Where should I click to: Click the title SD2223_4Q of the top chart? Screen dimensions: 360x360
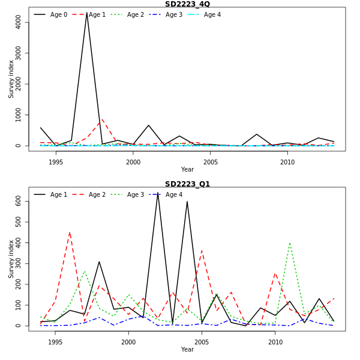[187, 4]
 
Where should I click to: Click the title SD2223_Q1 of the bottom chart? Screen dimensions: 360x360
[187, 184]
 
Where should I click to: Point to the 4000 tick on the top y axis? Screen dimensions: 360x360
[18, 22]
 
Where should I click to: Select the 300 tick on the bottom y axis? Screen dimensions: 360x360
[18, 264]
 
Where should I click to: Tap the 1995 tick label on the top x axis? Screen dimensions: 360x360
[56, 162]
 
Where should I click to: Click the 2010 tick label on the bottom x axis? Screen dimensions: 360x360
[275, 342]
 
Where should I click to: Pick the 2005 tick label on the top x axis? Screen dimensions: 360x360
[211, 162]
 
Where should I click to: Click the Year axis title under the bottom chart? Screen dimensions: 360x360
[187, 349]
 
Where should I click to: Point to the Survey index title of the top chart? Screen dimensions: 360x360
[11, 79]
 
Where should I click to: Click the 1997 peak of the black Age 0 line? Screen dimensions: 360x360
[87, 13]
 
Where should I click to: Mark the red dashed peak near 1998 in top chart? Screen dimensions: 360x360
[102, 119]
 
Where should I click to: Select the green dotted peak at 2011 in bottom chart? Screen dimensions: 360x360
[290, 243]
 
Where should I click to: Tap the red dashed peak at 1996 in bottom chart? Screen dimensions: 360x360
[70, 232]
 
